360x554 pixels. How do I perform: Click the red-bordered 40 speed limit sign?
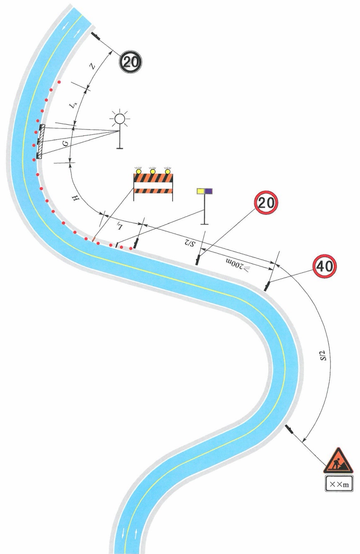325,266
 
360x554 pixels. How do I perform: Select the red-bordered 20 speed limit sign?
266,203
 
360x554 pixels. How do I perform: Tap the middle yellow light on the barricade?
153,171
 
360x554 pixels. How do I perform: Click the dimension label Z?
92,66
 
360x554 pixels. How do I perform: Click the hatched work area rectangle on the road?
41,141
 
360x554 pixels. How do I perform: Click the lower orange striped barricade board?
153,191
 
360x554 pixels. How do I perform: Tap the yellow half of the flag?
201,191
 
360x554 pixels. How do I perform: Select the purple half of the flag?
209,191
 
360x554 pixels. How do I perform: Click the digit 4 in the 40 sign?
320,266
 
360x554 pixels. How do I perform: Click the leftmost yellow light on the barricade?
139,171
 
